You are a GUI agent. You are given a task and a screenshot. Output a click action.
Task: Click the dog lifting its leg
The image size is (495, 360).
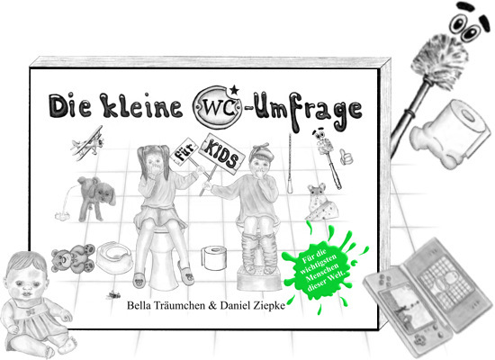click(x=94, y=193)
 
